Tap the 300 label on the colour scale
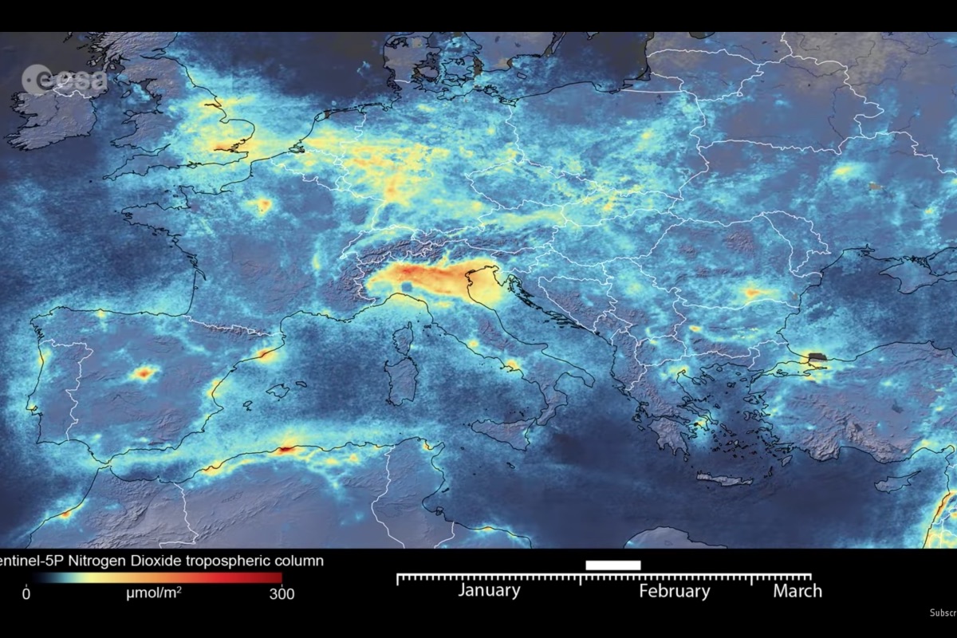[282, 593]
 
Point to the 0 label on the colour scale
[26, 593]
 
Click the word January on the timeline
[489, 591]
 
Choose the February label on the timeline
[674, 591]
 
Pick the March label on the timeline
[797, 591]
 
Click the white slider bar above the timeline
[612, 565]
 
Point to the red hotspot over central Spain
[144, 372]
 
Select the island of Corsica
[405, 339]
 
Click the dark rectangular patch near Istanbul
[817, 358]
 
